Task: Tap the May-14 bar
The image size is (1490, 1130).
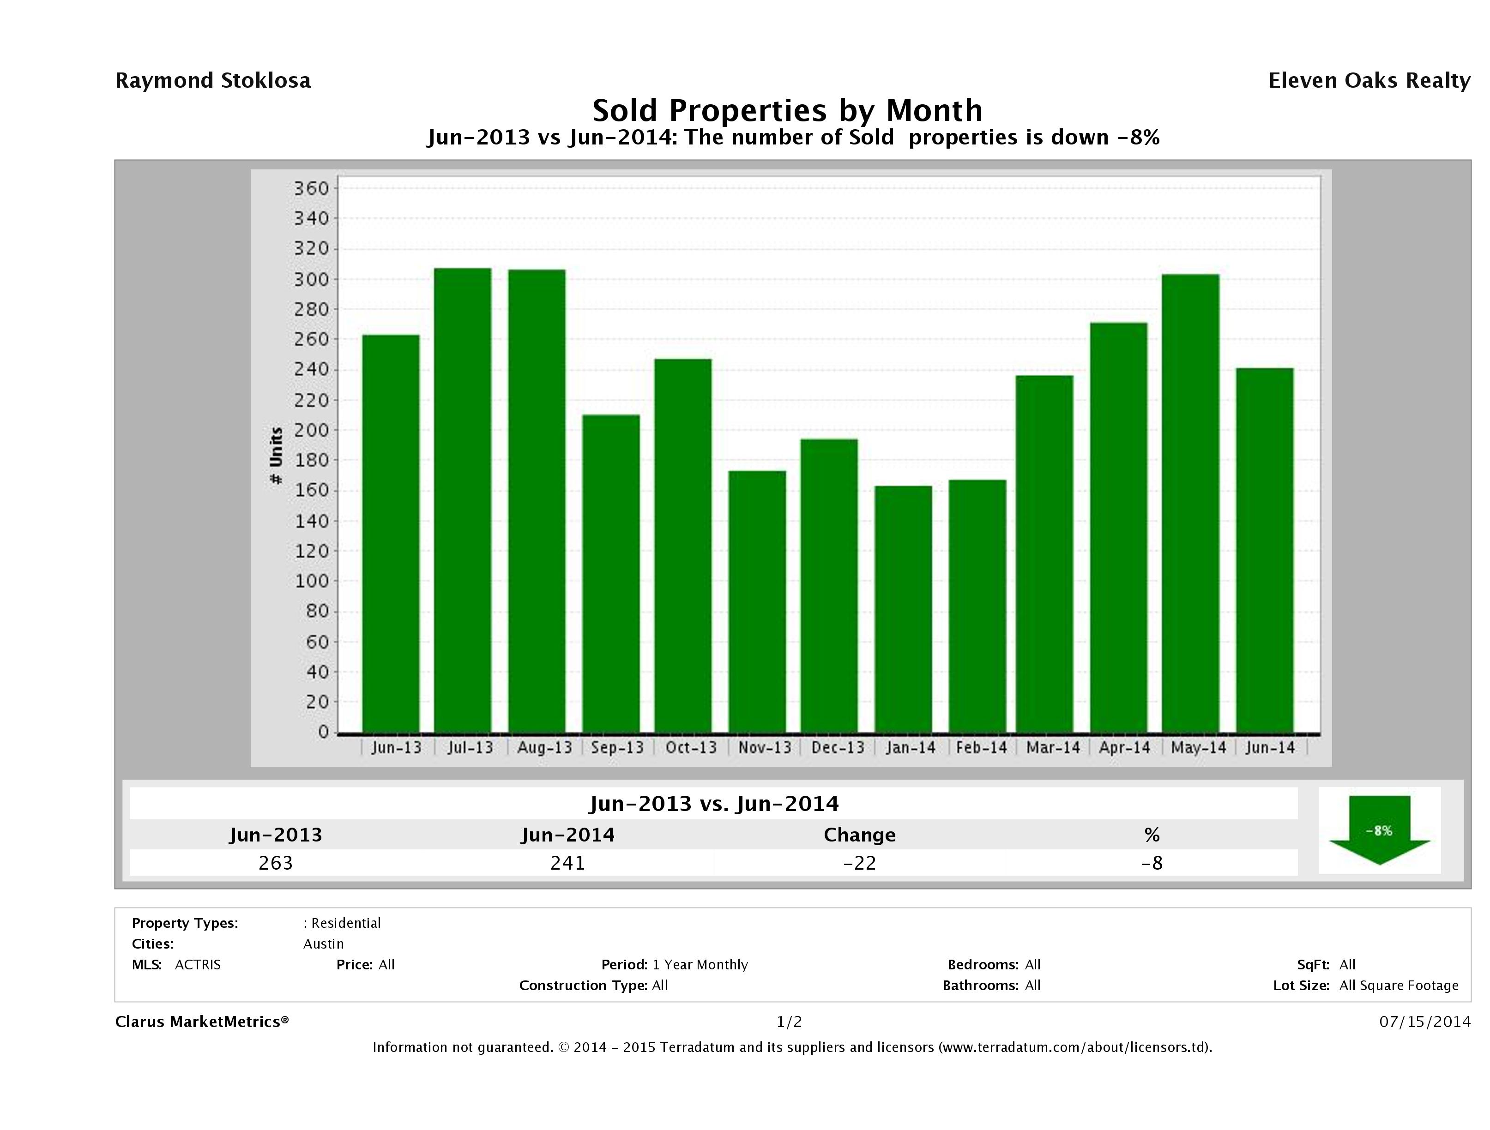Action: click(1190, 503)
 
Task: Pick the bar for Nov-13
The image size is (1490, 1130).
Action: click(757, 601)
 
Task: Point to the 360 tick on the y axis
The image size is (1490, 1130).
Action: click(311, 188)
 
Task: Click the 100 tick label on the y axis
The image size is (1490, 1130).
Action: click(311, 581)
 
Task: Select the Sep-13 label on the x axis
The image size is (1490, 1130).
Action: click(617, 747)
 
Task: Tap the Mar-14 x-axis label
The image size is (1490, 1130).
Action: click(1053, 747)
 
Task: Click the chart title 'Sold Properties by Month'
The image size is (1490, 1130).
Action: click(787, 110)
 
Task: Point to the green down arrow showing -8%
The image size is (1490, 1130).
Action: click(1379, 829)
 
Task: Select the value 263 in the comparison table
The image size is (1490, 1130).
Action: click(276, 863)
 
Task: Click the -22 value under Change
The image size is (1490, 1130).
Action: click(860, 863)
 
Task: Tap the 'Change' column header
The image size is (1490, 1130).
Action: click(860, 835)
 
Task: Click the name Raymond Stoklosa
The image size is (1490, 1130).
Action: click(213, 81)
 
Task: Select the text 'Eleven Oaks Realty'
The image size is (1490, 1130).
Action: click(1369, 81)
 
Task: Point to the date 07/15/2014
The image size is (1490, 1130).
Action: click(1424, 1022)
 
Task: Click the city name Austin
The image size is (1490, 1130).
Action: click(323, 944)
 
